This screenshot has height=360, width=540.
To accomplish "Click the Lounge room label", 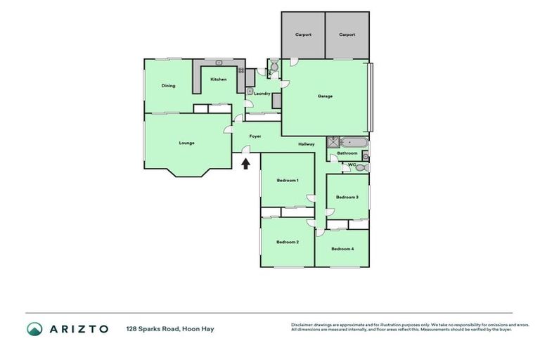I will [186, 143].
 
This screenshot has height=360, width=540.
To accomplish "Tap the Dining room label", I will [168, 86].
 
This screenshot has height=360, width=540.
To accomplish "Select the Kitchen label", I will [219, 79].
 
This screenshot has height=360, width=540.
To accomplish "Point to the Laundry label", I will [262, 93].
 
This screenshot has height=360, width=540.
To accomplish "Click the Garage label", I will [325, 96].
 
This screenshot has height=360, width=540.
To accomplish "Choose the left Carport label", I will [303, 34].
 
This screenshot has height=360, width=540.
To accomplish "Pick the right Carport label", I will [347, 34].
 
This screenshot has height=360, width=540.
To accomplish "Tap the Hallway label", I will [306, 144].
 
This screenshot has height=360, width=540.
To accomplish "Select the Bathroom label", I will [347, 153].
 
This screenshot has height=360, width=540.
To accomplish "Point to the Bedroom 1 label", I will [288, 181].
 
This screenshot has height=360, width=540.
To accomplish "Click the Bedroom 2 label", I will [288, 242].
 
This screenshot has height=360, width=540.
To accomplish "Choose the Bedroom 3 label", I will [347, 197].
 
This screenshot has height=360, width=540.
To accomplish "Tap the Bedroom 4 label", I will [342, 249].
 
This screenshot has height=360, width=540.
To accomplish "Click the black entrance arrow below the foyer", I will [245, 164].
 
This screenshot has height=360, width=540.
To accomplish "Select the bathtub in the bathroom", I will [351, 141].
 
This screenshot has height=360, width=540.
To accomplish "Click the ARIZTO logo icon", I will [34, 328].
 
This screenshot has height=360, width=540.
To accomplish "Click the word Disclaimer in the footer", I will [302, 324].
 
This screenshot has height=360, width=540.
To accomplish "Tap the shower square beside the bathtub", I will [333, 141].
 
